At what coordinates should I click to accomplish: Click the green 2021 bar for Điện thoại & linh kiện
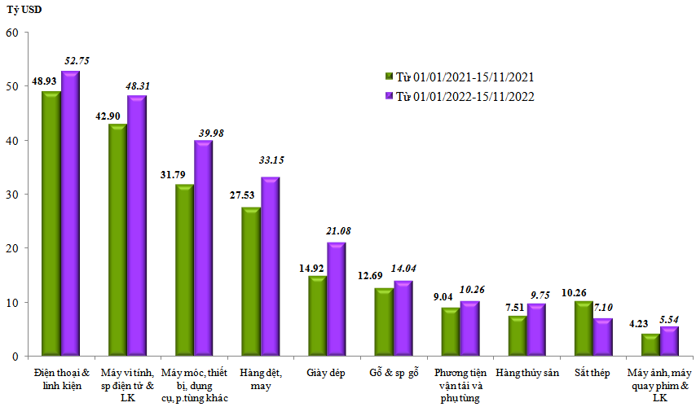pyautogui.click(x=51, y=224)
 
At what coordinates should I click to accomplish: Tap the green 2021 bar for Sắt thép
pyautogui.click(x=584, y=329)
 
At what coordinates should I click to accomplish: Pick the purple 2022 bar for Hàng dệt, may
pyautogui.click(x=269, y=267)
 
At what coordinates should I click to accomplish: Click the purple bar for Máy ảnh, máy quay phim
pyautogui.click(x=669, y=341)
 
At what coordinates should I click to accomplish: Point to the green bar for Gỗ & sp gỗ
pyautogui.click(x=384, y=322)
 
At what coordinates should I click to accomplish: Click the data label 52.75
pyautogui.click(x=77, y=60)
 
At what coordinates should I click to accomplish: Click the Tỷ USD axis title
pyautogui.click(x=25, y=10)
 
